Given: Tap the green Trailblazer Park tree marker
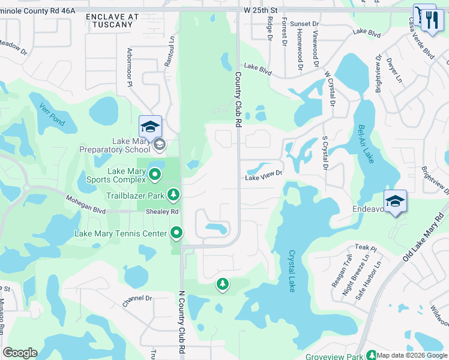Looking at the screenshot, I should pyautogui.click(x=173, y=194).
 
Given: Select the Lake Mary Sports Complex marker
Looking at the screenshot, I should pyautogui.click(x=155, y=175).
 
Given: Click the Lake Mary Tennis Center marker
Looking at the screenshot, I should pyautogui.click(x=176, y=232).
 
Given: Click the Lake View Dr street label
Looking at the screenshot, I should pyautogui.click(x=263, y=178).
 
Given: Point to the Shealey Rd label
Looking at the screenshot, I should pyautogui.click(x=166, y=212).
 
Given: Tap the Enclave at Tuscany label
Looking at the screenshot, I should pyautogui.click(x=109, y=20).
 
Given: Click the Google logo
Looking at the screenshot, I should pyautogui.click(x=20, y=353).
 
